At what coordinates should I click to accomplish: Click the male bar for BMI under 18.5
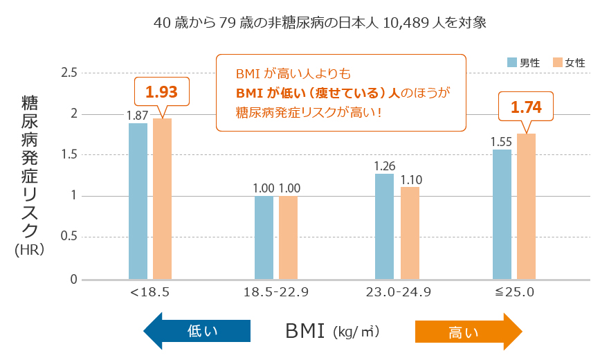click(138, 201)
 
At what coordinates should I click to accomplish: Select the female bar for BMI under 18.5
click(162, 199)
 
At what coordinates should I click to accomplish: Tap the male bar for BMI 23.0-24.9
click(384, 226)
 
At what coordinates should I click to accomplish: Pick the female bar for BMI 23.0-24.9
click(410, 233)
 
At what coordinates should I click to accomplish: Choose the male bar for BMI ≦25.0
click(502, 214)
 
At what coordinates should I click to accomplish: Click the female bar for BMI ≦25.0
click(526, 206)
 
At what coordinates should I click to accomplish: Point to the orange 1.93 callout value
click(161, 91)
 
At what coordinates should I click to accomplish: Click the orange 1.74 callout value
click(526, 107)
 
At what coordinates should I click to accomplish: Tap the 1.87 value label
click(137, 115)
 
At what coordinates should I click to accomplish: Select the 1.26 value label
click(384, 166)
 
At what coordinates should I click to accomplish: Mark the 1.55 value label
click(501, 141)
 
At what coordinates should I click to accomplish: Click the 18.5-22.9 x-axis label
click(276, 292)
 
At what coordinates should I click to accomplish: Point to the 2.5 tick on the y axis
click(69, 73)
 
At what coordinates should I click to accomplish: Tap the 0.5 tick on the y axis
click(69, 237)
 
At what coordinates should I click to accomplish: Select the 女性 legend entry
click(569, 62)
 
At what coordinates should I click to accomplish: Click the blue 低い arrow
click(197, 331)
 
